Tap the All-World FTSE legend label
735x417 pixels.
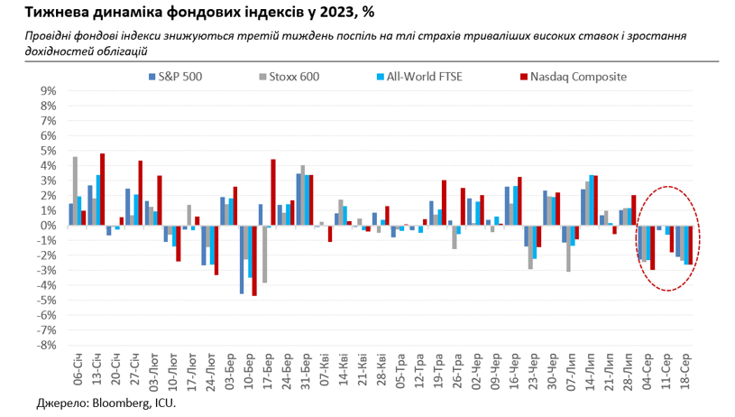[423, 78]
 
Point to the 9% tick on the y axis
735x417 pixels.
[47, 91]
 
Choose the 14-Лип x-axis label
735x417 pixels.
[589, 373]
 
